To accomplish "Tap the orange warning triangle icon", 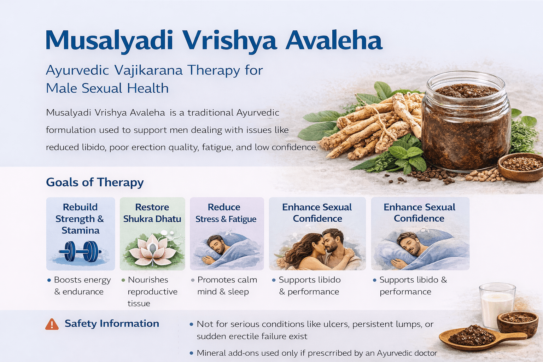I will point(52,324).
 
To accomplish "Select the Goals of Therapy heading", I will point(95,182).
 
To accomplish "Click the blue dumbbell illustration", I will point(80,251).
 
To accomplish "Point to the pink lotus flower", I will point(152,249).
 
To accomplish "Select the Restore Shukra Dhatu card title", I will point(152,213).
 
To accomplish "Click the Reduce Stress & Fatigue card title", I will point(226,213).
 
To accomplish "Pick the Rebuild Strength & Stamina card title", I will point(80,218).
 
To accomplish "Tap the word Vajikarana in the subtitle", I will point(149,70).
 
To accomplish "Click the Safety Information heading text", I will point(112,323).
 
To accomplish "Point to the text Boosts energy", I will point(82,280).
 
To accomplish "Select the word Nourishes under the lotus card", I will point(148,280).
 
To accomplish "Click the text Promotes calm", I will point(227,280).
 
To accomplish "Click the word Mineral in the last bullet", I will point(211,353).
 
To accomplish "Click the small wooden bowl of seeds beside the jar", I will point(520,166).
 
